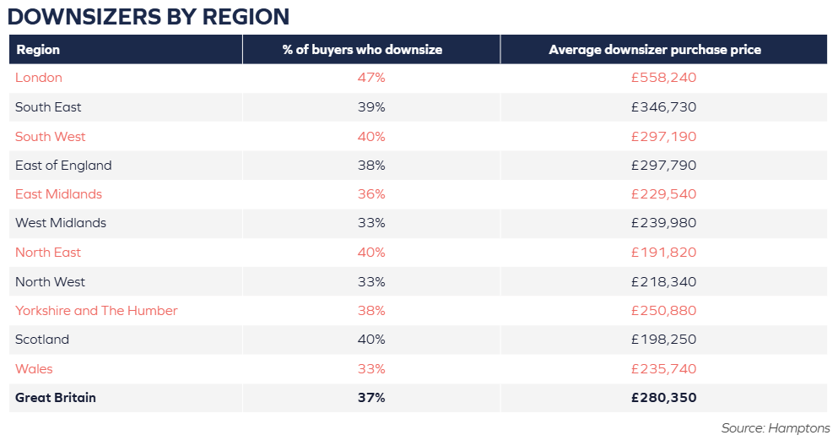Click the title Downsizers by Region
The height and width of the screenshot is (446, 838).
tap(149, 17)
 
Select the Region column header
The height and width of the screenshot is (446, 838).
tap(38, 50)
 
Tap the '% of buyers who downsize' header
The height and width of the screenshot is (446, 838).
tap(362, 50)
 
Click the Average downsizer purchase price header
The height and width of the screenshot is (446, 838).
tap(655, 50)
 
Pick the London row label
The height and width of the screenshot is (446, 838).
tap(39, 78)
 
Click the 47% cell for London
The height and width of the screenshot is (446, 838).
tap(371, 78)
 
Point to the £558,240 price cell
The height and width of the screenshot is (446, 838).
tap(664, 78)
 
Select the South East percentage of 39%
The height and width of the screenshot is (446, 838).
tap(371, 107)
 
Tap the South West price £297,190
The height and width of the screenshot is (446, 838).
tap(664, 136)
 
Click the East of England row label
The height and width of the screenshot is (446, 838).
tap(63, 166)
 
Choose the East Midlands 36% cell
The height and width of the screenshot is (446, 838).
tap(371, 194)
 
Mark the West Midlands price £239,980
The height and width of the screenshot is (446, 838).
tap(664, 223)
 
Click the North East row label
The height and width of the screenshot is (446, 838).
tap(48, 253)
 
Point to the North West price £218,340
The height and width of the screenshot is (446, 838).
tap(664, 282)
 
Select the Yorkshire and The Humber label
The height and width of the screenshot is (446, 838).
tap(96, 311)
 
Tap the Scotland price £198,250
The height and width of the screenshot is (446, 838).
tap(664, 340)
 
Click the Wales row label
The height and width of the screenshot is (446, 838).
tap(34, 369)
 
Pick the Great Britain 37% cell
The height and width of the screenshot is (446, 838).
tap(371, 398)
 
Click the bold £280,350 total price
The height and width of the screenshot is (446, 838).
tap(664, 398)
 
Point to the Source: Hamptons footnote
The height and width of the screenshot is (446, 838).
tap(776, 427)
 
